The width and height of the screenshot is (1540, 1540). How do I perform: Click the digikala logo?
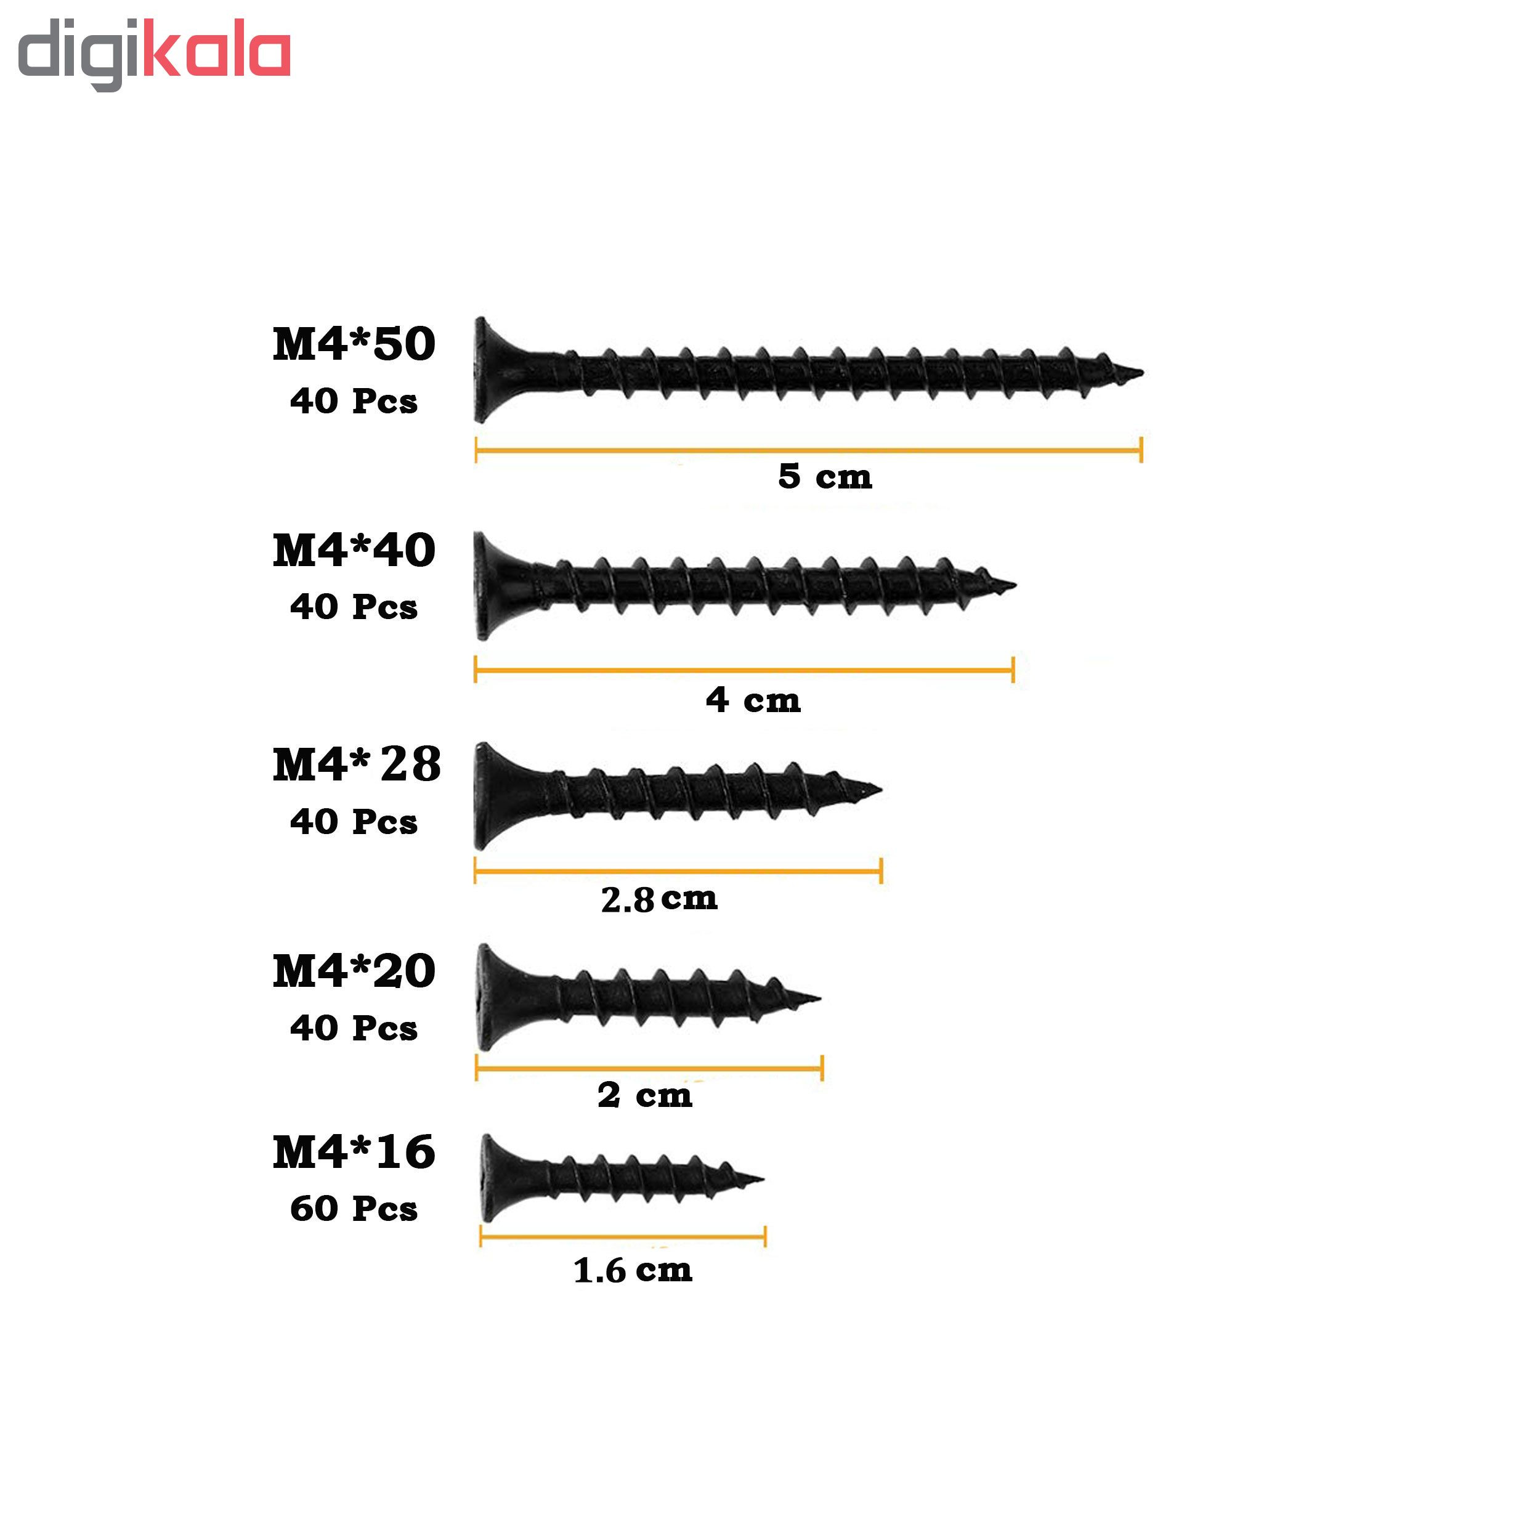[x=154, y=54]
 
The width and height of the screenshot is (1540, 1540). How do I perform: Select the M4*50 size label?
[x=354, y=344]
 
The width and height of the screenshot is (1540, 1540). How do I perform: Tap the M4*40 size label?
[x=354, y=550]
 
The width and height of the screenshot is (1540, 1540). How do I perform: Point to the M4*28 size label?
[x=356, y=764]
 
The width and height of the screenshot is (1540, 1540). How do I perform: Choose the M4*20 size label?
[x=354, y=971]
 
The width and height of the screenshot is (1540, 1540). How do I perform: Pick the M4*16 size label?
[x=354, y=1152]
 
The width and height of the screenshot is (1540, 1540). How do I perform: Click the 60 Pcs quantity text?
[x=354, y=1209]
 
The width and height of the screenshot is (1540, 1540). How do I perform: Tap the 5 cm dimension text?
[x=825, y=476]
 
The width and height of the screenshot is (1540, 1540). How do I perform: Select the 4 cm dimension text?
[x=753, y=700]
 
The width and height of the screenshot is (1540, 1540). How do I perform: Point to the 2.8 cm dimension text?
[x=659, y=899]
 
